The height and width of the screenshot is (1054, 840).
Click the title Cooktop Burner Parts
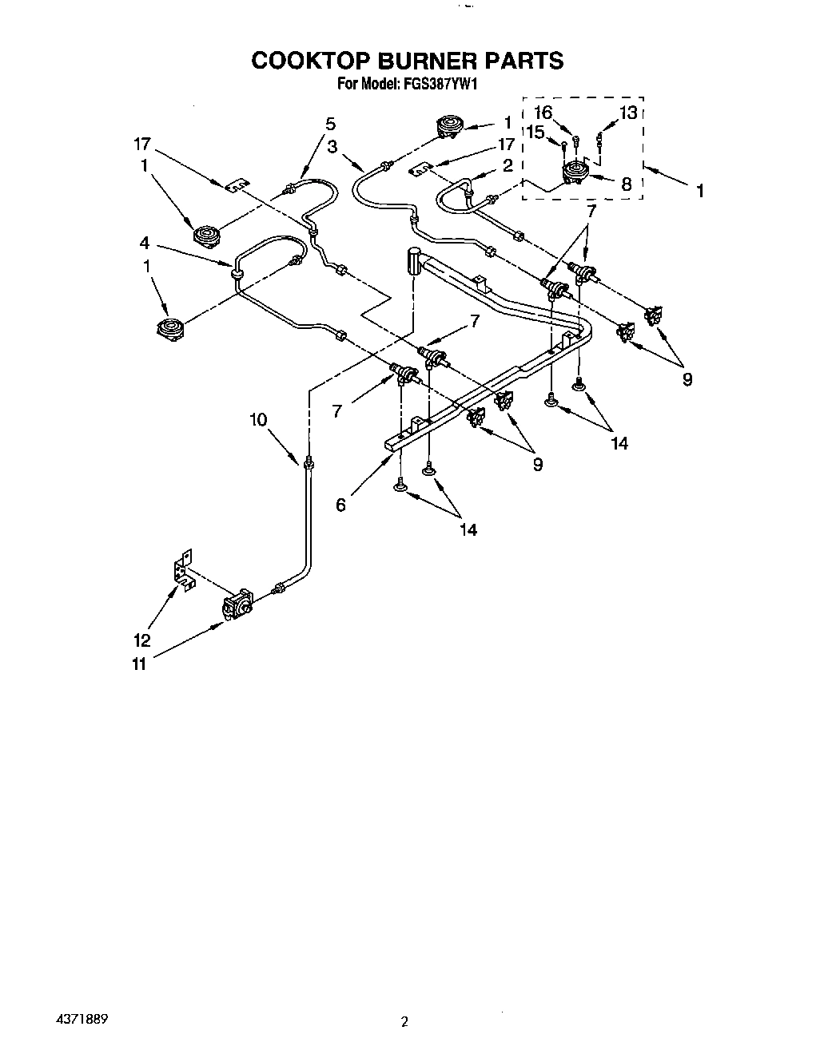click(x=408, y=61)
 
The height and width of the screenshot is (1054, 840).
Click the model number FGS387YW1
click(x=439, y=82)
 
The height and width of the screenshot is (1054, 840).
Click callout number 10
click(x=258, y=420)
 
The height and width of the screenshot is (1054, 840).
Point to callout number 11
click(x=140, y=662)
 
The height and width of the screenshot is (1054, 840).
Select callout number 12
click(x=141, y=640)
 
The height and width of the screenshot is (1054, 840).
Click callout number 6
click(x=341, y=505)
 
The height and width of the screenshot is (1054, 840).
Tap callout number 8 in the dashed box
click(x=627, y=184)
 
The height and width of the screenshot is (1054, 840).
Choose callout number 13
click(x=628, y=113)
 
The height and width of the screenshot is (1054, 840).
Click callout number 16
click(x=543, y=113)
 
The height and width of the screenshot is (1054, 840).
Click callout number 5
click(x=330, y=124)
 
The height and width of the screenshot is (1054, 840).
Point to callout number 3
click(x=332, y=146)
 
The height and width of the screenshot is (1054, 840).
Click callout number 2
click(x=506, y=166)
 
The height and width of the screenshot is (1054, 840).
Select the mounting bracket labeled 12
click(x=185, y=571)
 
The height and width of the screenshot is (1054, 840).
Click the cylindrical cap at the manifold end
click(x=413, y=260)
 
